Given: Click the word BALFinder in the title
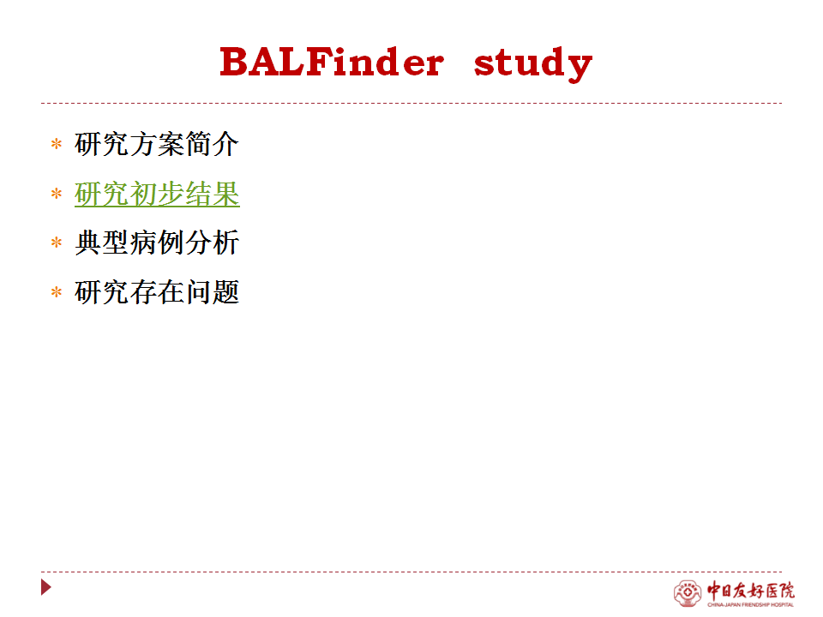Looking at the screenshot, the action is click(x=332, y=62).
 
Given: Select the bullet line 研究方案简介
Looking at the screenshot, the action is click(x=156, y=144).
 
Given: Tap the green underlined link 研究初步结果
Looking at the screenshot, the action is click(x=157, y=194).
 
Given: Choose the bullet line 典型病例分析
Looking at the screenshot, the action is click(x=157, y=243).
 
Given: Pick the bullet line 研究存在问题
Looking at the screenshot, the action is click(x=157, y=291).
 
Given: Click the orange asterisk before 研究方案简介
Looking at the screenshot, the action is click(x=57, y=144).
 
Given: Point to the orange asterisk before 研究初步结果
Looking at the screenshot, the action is click(x=57, y=194).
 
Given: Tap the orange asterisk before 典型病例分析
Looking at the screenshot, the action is click(x=57, y=243).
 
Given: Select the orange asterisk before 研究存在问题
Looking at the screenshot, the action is click(x=57, y=291).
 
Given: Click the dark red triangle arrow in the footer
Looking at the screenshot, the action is click(x=45, y=587).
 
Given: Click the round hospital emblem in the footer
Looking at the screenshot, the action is click(x=688, y=593).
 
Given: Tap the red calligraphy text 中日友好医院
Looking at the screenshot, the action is click(x=751, y=590).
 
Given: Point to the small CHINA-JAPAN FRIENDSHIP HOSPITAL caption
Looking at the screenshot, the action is click(x=751, y=604).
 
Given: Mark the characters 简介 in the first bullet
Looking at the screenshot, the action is click(x=212, y=144).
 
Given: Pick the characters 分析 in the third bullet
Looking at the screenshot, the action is click(x=212, y=243).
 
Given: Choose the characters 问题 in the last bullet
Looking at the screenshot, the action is click(x=212, y=291).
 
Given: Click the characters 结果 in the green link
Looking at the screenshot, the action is click(x=212, y=194).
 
